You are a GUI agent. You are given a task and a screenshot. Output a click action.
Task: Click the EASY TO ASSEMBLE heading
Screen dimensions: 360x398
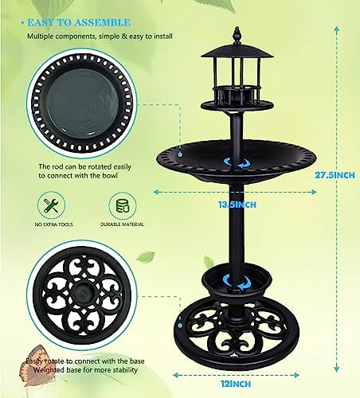click(x=79, y=22)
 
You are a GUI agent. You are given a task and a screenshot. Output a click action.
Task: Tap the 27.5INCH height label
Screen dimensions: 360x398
click(x=335, y=175)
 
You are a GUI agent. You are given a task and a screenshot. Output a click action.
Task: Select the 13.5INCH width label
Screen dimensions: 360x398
click(x=237, y=205)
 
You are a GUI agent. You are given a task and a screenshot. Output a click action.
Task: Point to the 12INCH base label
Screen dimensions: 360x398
click(x=236, y=384)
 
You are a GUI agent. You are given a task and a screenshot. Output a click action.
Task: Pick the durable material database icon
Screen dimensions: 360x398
click(x=123, y=205)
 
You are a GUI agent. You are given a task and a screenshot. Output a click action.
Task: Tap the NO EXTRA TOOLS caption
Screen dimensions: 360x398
click(x=53, y=224)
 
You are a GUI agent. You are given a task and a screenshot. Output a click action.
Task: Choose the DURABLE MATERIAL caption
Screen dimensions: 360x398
click(x=122, y=224)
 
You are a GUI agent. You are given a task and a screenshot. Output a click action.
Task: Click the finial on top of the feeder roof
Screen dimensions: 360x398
click(x=237, y=35)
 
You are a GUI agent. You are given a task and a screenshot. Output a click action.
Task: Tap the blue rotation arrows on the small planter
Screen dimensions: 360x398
click(x=237, y=282)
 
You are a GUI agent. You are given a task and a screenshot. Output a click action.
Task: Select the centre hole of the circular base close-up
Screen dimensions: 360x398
click(x=82, y=294)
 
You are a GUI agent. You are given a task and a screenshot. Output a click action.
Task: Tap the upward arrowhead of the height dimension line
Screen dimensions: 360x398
click(x=337, y=29)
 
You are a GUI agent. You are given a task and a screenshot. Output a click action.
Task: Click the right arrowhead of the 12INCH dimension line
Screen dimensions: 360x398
click(x=296, y=375)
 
